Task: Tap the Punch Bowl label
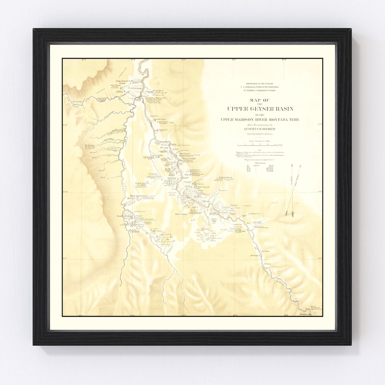(141, 183)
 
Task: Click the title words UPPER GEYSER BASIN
(260, 109)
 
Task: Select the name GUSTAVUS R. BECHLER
(260, 129)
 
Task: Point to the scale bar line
(260, 145)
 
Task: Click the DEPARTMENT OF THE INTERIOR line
(260, 84)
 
